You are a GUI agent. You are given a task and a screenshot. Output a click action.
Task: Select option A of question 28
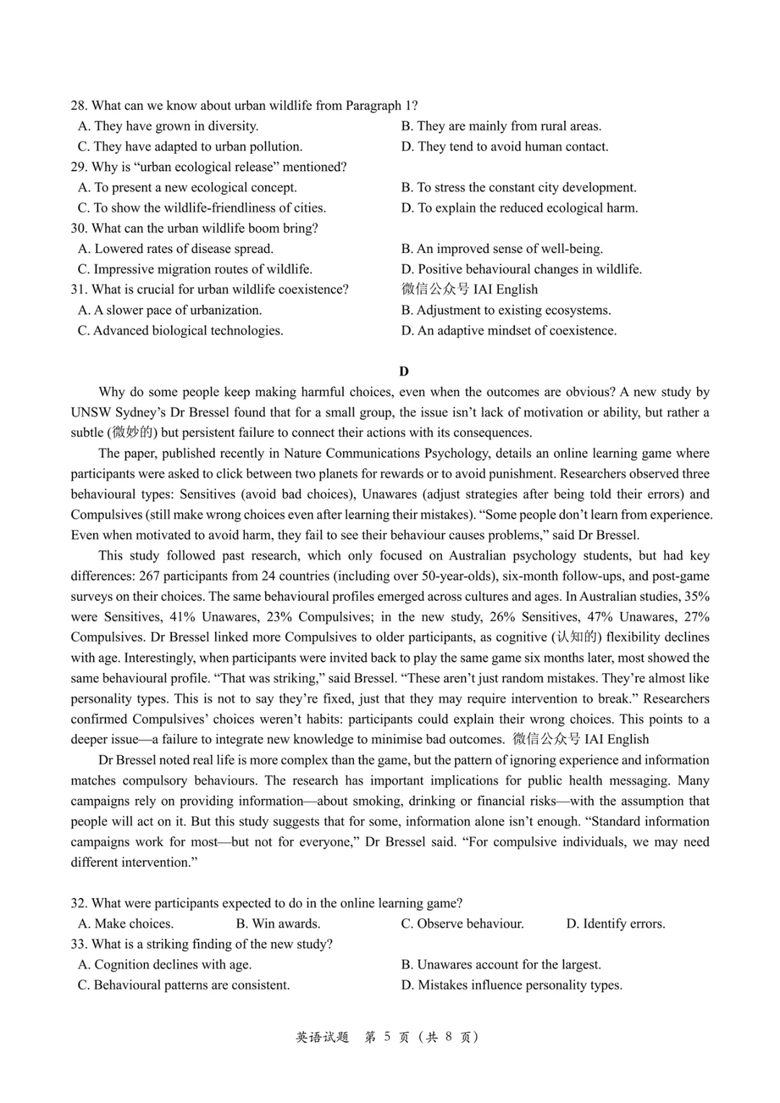click(168, 126)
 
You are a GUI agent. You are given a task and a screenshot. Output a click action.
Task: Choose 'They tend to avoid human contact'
click(505, 147)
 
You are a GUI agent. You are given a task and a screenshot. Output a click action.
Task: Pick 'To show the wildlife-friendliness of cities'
click(201, 208)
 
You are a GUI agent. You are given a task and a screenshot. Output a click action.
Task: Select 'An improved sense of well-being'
click(502, 249)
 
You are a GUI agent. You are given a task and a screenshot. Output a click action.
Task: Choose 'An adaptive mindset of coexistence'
click(509, 331)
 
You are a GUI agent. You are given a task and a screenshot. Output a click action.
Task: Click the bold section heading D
click(404, 371)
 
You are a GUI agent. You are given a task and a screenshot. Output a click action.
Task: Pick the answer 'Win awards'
click(278, 924)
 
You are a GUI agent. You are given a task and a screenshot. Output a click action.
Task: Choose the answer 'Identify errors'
click(615, 924)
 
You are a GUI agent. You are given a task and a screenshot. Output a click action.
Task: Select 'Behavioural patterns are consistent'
click(183, 985)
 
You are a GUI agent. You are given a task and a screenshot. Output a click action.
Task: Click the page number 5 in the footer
click(387, 1037)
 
